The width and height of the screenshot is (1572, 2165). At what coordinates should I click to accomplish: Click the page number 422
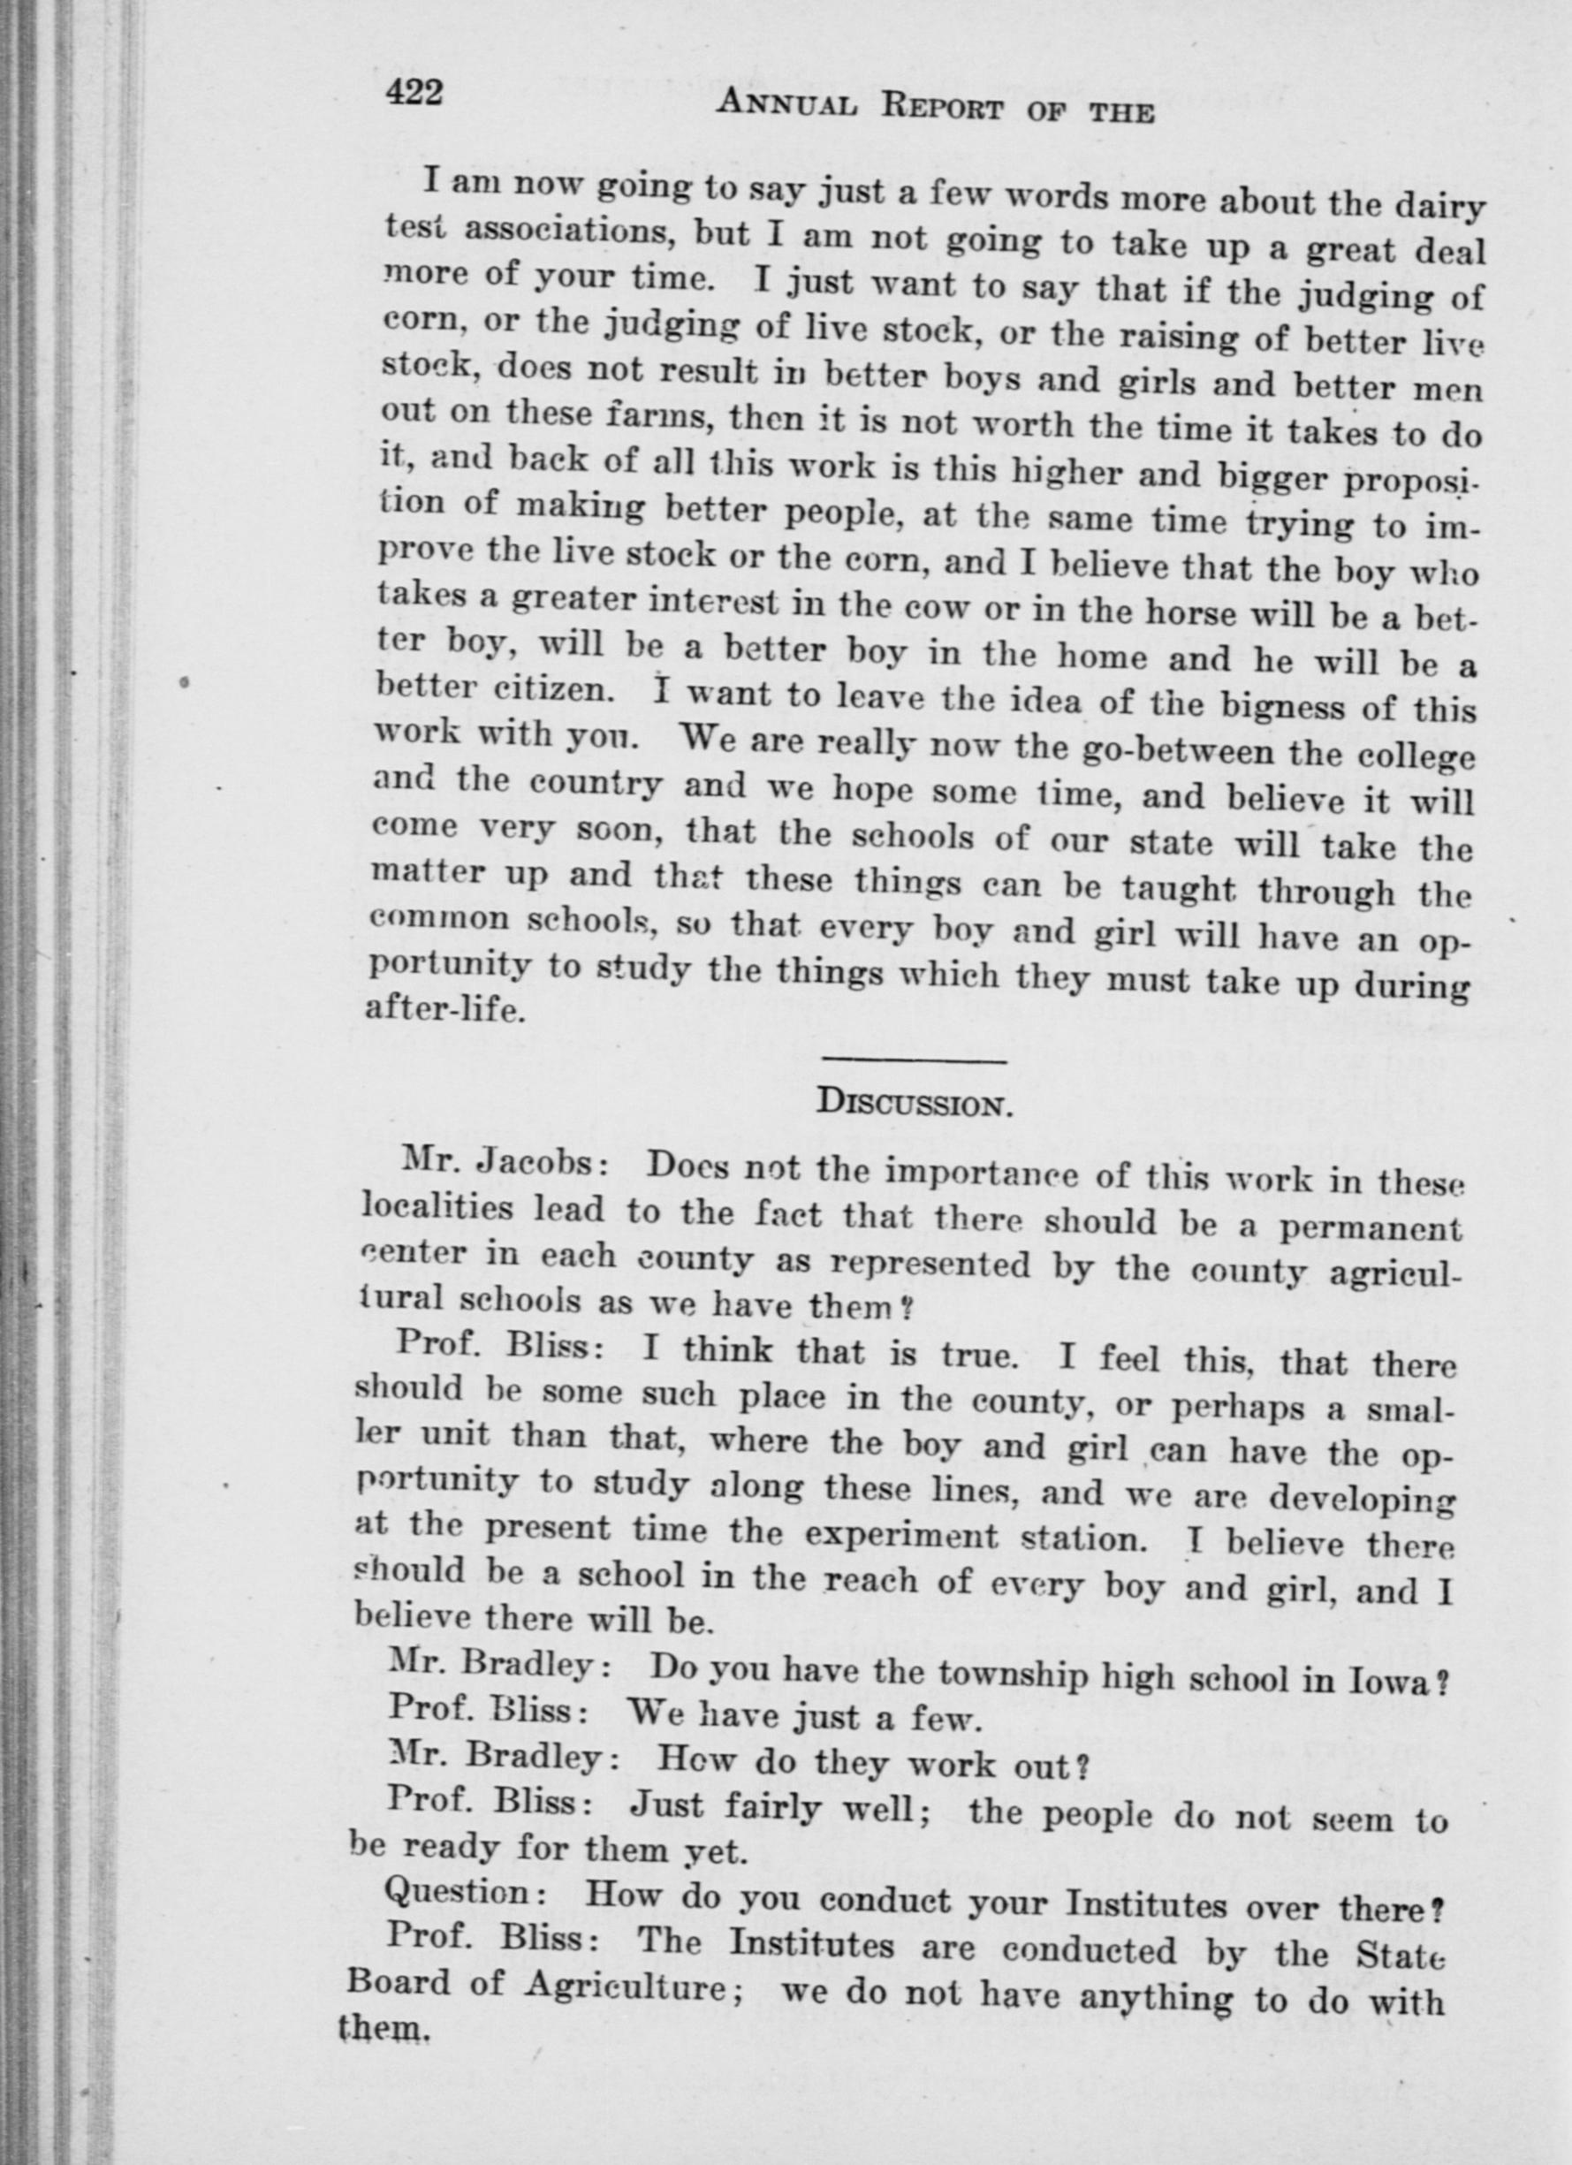pyautogui.click(x=414, y=95)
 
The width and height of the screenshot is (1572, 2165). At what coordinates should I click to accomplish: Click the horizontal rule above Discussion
pyautogui.click(x=914, y=1060)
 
